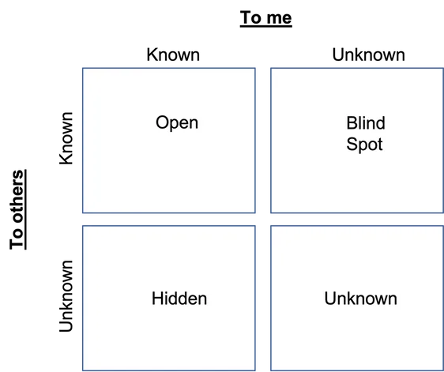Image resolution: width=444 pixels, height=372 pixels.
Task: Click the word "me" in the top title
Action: (x=279, y=18)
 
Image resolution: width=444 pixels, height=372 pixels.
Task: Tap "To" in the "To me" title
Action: (x=251, y=17)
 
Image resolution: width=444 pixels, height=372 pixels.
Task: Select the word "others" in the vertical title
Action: (x=17, y=196)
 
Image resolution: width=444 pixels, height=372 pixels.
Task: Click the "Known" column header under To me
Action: (x=173, y=54)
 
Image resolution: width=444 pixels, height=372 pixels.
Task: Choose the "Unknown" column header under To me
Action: (x=368, y=54)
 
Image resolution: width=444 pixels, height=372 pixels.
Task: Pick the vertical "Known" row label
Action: (x=66, y=138)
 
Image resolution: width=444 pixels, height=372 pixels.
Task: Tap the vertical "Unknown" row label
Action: (x=66, y=296)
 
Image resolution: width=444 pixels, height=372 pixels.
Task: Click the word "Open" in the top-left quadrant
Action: (x=177, y=123)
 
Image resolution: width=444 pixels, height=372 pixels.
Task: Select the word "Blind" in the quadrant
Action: (x=366, y=123)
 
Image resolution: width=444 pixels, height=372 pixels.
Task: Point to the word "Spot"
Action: (x=364, y=145)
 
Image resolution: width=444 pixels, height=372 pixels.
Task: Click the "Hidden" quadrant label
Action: (x=179, y=299)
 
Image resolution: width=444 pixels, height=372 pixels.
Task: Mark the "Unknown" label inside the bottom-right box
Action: (x=360, y=299)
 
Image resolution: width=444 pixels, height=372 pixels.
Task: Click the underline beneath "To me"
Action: (x=266, y=27)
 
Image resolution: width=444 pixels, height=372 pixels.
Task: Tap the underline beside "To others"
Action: (x=25, y=209)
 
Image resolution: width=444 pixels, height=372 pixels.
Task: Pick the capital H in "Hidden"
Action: (x=157, y=299)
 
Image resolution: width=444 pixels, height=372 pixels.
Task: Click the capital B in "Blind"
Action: (x=351, y=123)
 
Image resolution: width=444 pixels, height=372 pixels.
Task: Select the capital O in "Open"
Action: (x=162, y=122)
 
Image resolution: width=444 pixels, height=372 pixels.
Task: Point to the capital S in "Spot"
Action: (x=352, y=144)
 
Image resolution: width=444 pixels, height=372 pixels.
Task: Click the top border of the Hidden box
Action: (x=169, y=226)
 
